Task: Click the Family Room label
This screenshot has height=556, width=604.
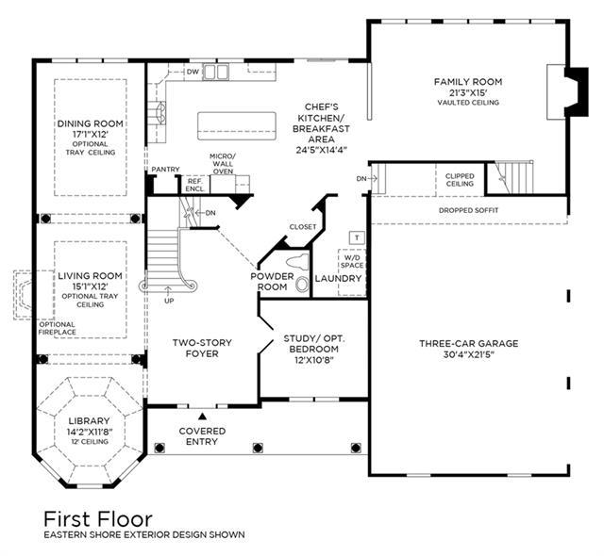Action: pyautogui.click(x=468, y=82)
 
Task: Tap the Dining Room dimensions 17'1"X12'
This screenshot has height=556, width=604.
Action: pyautogui.click(x=91, y=135)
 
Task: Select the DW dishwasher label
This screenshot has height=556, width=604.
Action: pyautogui.click(x=193, y=72)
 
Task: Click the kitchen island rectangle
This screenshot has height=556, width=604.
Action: pyautogui.click(x=237, y=125)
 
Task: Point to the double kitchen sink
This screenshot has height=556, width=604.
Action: pyautogui.click(x=216, y=73)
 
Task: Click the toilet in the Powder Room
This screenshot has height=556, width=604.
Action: pyautogui.click(x=298, y=262)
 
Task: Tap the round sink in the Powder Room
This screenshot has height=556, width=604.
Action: pyautogui.click(x=302, y=285)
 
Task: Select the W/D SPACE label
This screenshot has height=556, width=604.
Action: pyautogui.click(x=352, y=261)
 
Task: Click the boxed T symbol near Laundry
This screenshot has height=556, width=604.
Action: pyautogui.click(x=357, y=237)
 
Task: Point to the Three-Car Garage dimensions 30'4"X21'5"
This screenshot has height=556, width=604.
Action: pyautogui.click(x=468, y=354)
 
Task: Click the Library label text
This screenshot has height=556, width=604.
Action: pyautogui.click(x=89, y=421)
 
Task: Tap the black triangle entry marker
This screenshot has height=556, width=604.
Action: pyautogui.click(x=202, y=416)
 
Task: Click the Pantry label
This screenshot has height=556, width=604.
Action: pyautogui.click(x=166, y=170)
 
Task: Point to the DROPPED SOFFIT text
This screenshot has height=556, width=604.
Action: pyautogui.click(x=468, y=210)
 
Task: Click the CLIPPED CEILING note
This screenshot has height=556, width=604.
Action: pyautogui.click(x=460, y=180)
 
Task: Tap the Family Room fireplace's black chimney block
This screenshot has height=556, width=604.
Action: pyautogui.click(x=577, y=91)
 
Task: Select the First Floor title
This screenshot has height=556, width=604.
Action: pyautogui.click(x=98, y=519)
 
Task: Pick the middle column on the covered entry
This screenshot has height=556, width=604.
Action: pyautogui.click(x=258, y=448)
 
